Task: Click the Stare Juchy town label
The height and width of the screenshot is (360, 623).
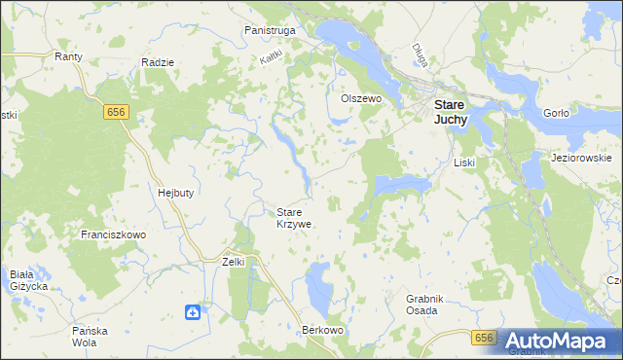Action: click(449, 111)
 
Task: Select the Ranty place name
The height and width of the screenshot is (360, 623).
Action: click(68, 56)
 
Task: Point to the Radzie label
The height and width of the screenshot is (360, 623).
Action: click(157, 62)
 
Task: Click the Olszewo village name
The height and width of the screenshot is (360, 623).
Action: click(358, 98)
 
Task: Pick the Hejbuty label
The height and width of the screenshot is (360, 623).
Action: click(175, 193)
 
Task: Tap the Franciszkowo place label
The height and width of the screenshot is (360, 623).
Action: click(113, 235)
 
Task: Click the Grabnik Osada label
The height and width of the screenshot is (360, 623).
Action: click(421, 305)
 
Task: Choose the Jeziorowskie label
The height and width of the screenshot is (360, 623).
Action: click(580, 158)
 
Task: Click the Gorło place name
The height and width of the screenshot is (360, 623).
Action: click(556, 113)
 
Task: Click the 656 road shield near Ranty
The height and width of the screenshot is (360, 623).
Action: click(117, 113)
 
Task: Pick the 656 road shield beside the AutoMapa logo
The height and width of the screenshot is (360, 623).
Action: click(485, 337)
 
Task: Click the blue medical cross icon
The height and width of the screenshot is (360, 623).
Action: click(194, 312)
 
